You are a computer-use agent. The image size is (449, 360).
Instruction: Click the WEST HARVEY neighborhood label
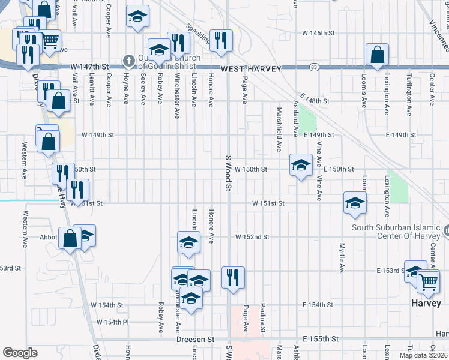coord(251,70)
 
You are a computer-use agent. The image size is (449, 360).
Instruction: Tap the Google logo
coord(20,353)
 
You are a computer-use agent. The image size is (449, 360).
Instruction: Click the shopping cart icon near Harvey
coord(428,281)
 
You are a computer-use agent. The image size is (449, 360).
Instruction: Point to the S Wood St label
coord(228,173)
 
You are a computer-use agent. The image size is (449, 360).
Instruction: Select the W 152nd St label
coord(252,238)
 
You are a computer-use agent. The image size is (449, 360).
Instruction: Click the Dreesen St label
coord(195,339)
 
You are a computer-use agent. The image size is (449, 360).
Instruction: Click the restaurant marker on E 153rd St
coord(234,277)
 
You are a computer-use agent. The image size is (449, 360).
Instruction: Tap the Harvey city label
coord(426,303)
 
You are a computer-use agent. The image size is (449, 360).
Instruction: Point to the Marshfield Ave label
coord(279,130)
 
